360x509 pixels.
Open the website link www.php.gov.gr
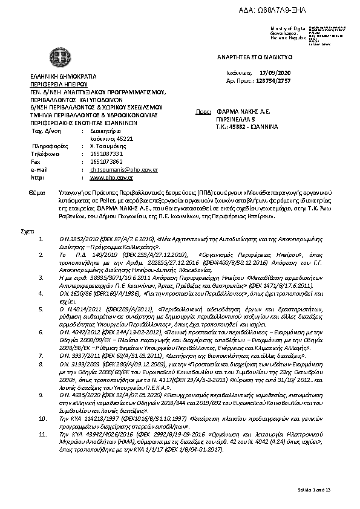tap(111, 178)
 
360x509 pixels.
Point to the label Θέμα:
tap(37, 192)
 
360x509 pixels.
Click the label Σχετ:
tap(27, 232)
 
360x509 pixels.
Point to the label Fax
tap(35, 162)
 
